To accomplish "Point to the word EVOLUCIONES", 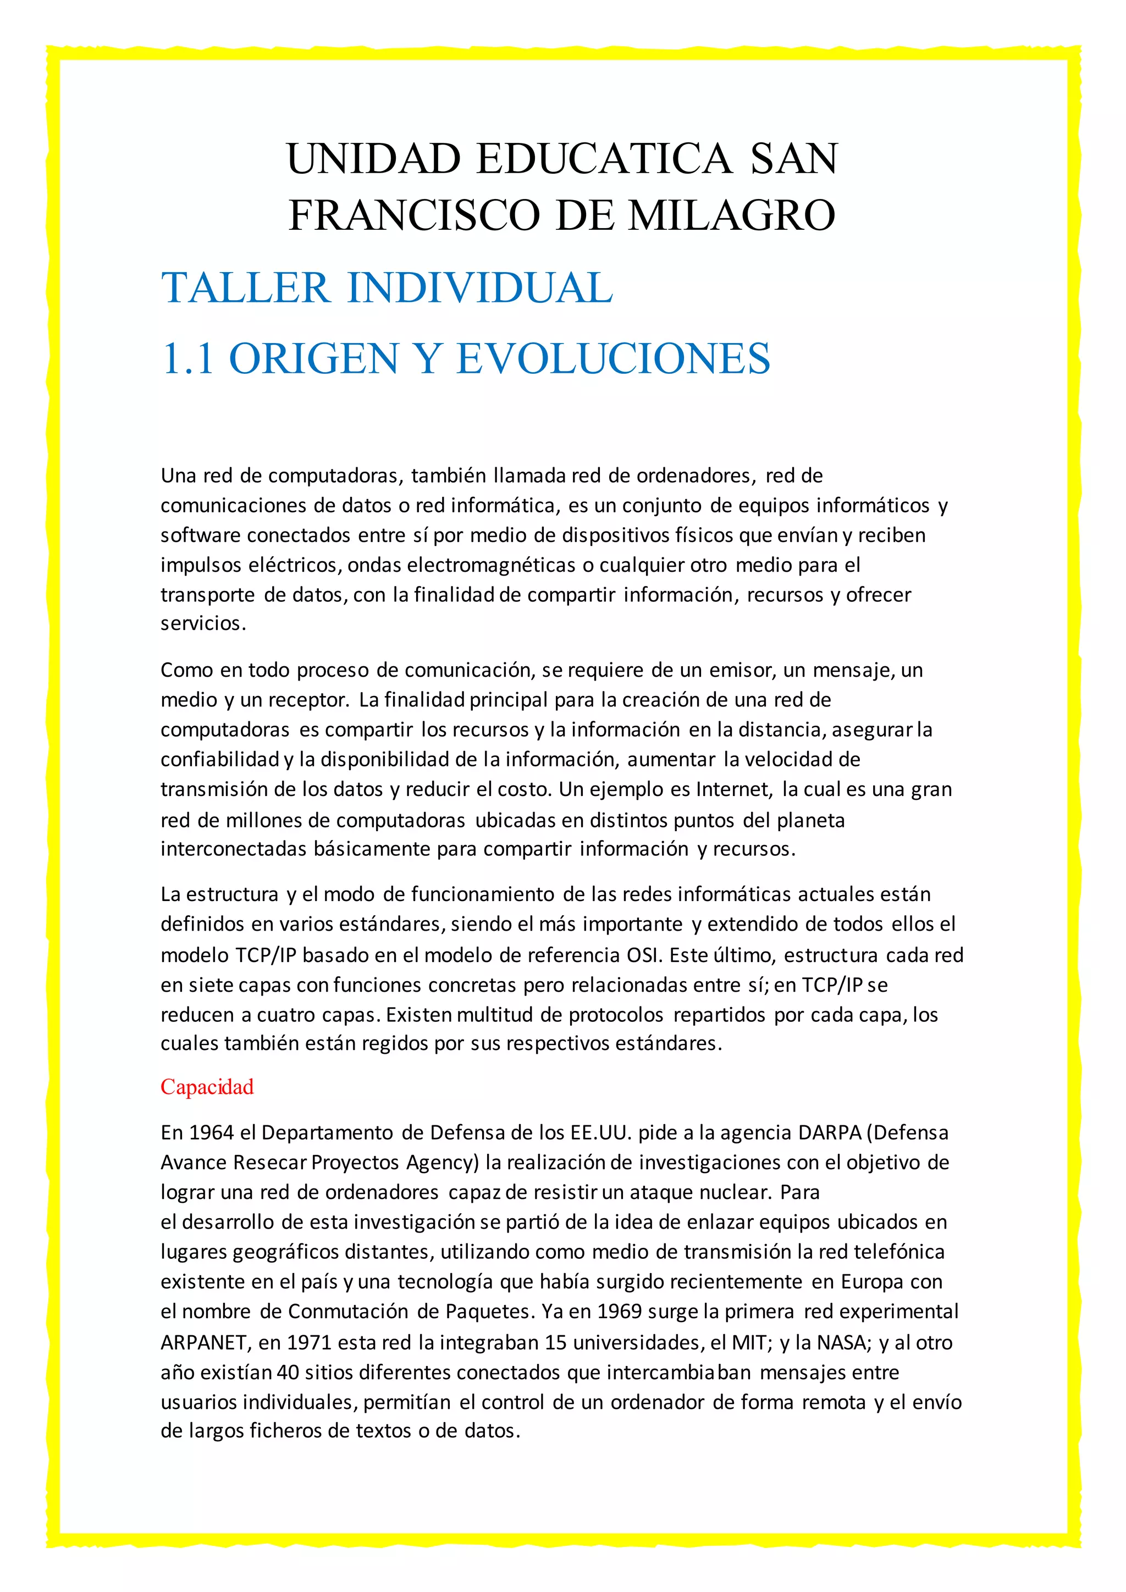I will (613, 358).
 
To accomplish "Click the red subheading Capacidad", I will (207, 1086).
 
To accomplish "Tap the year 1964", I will (212, 1133).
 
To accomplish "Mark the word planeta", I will (810, 821).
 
